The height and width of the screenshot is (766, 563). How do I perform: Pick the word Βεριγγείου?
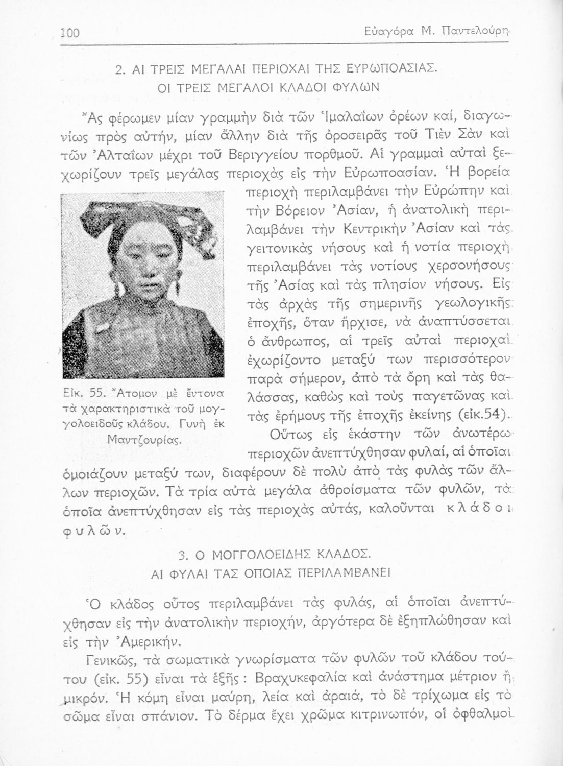point(265,154)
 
